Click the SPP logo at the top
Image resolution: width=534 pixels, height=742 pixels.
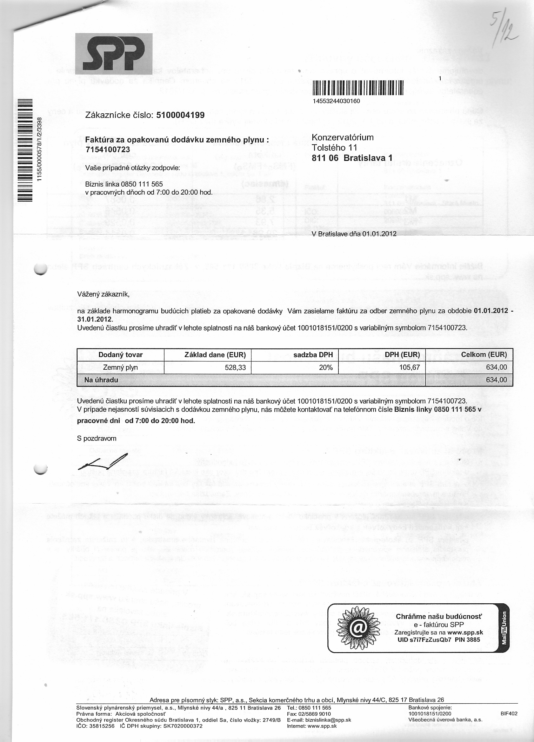114,54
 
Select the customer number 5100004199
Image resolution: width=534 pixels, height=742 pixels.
181,115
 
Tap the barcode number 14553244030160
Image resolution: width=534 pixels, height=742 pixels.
336,101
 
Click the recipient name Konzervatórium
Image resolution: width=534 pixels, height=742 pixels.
343,137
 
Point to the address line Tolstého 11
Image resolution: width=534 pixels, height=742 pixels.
334,148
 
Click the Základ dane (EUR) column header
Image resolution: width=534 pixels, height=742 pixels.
215,354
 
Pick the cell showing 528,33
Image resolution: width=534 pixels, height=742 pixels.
235,368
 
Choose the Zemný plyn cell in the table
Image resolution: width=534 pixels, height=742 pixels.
120,368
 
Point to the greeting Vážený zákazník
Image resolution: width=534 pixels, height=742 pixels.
103,294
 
